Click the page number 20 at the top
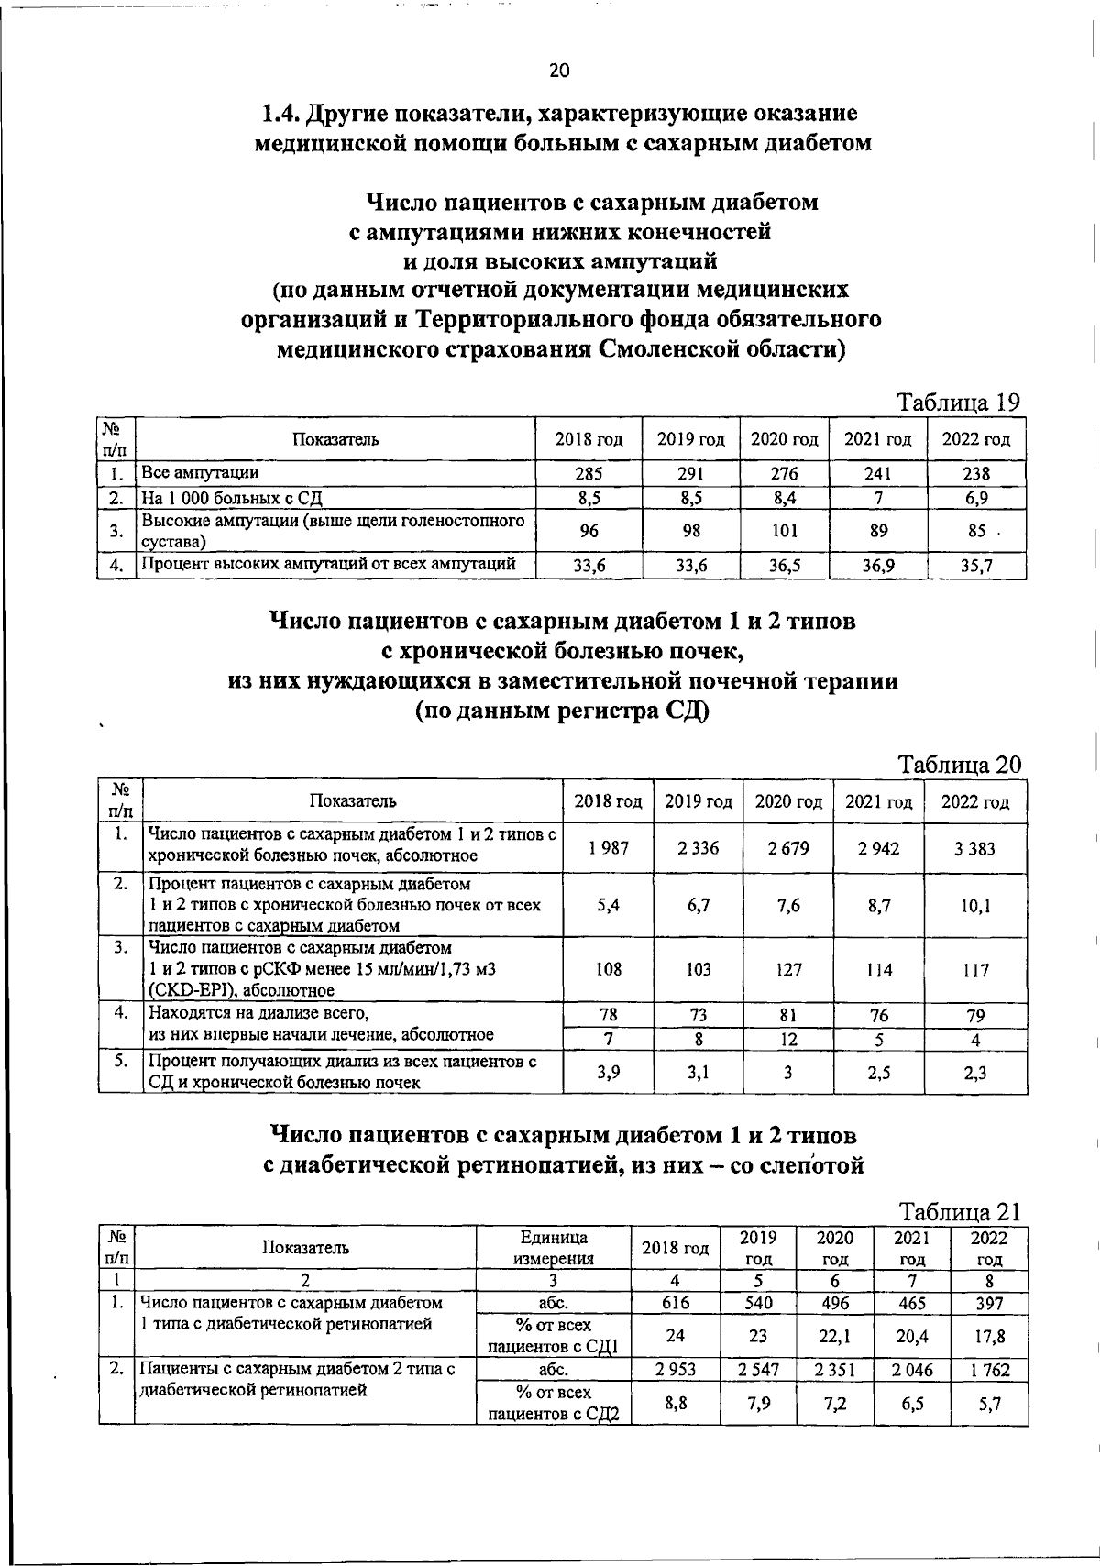[x=559, y=72]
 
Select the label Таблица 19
[x=958, y=403]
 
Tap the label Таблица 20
[x=959, y=765]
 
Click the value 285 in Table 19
[x=588, y=474]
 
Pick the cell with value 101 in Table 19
[x=785, y=530]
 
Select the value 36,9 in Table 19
[x=878, y=567]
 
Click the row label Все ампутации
[x=199, y=473]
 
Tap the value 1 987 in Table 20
[x=608, y=849]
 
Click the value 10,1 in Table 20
[x=975, y=905]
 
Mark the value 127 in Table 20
[x=788, y=970]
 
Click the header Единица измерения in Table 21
[x=553, y=1248]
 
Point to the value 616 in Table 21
[x=676, y=1303]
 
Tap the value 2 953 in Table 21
[x=676, y=1370]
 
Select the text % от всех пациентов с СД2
[x=554, y=1404]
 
